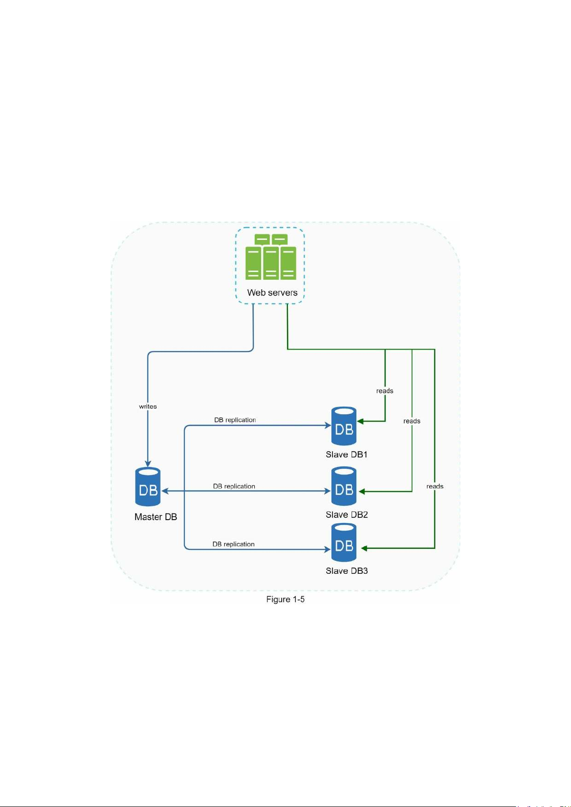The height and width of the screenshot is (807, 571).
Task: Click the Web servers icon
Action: pyautogui.click(x=271, y=257)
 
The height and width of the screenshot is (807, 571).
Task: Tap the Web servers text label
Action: pyautogui.click(x=272, y=293)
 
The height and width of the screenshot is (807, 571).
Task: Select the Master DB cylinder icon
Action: pyautogui.click(x=148, y=487)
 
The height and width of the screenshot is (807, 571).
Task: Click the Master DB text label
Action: pyautogui.click(x=156, y=517)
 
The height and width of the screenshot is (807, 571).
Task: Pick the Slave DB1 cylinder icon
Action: pyautogui.click(x=344, y=426)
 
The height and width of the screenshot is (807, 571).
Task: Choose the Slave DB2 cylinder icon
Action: pyautogui.click(x=344, y=486)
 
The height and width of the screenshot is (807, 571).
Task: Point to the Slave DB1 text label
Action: pyautogui.click(x=346, y=455)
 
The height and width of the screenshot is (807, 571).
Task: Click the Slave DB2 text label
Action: pyautogui.click(x=346, y=515)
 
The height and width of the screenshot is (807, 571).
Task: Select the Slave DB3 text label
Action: pyautogui.click(x=346, y=571)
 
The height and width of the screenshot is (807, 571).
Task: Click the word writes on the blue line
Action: pyautogui.click(x=148, y=407)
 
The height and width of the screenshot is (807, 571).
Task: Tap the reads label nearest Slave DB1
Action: pyautogui.click(x=385, y=391)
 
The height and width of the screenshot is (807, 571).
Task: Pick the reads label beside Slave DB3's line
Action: pyautogui.click(x=435, y=486)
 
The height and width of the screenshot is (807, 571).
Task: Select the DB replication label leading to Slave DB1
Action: pyautogui.click(x=235, y=420)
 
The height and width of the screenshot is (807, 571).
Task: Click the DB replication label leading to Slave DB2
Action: pyautogui.click(x=234, y=486)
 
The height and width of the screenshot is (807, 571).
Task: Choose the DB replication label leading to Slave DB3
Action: pyautogui.click(x=233, y=544)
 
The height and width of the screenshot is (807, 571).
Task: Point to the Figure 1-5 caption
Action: pyautogui.click(x=285, y=600)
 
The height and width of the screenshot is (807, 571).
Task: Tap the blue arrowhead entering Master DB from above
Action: pyautogui.click(x=148, y=464)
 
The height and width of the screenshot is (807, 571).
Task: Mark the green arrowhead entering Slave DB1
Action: pyautogui.click(x=361, y=421)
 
